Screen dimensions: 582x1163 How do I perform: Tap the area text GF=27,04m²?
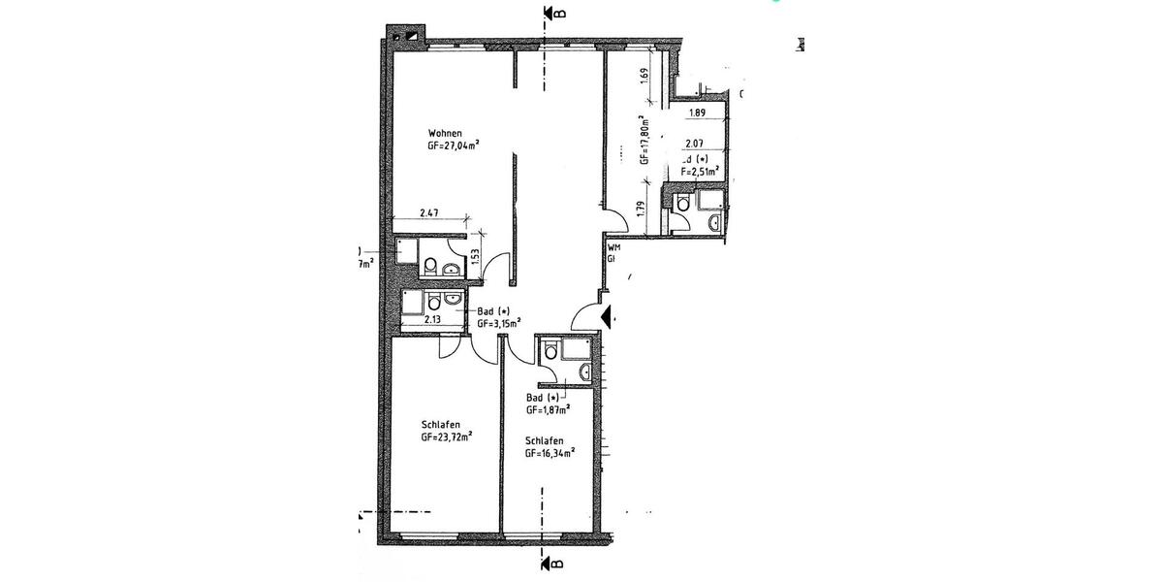[x=455, y=145]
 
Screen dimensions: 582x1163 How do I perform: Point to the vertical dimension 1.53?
[x=475, y=257]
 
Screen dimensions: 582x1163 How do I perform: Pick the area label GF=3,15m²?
[x=499, y=323]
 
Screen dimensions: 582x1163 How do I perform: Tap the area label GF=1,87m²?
[x=547, y=409]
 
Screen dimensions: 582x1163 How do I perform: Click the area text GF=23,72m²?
[x=447, y=437]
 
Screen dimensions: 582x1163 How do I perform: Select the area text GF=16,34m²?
[x=550, y=452]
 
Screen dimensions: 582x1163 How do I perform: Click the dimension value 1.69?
[x=644, y=74]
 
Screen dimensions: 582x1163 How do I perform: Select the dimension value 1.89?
[x=696, y=113]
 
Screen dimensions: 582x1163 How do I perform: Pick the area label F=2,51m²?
[x=700, y=171]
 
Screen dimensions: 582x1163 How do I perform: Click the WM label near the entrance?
[x=613, y=248]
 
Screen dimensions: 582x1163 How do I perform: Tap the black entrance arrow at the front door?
[x=608, y=316]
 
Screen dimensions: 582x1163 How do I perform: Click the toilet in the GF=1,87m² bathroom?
[x=550, y=351]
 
